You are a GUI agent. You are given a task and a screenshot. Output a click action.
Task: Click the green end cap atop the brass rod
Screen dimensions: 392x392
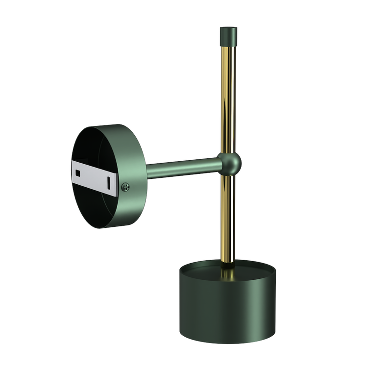pos(228,34)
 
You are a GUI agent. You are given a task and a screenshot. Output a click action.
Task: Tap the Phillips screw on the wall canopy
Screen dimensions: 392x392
pos(126,186)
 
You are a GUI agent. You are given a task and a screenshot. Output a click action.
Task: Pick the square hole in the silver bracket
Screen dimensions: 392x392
pos(78,171)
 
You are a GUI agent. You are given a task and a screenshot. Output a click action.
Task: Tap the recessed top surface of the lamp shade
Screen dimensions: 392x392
pos(206,269)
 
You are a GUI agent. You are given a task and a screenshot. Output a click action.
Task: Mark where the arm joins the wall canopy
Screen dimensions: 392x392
pos(147,171)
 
